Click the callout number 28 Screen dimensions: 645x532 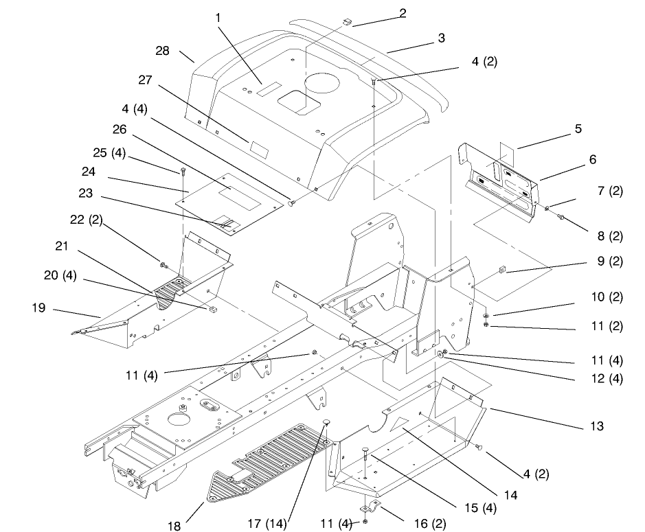coord(162,51)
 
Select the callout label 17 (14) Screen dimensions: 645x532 coord(267,523)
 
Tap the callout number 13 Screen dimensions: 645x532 coord(596,426)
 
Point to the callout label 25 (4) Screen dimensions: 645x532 coord(109,152)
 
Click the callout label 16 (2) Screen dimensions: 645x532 coord(430,523)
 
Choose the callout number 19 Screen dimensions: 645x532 coord(38,308)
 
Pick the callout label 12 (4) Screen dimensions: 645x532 coord(607,378)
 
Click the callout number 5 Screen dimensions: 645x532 coord(578,128)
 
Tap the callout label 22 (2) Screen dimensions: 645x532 coord(86,220)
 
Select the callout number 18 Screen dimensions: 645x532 coord(174,526)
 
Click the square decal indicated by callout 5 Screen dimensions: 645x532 coord(508,151)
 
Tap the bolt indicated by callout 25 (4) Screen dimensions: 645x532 coord(183,172)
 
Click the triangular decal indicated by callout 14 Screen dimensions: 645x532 coord(398,424)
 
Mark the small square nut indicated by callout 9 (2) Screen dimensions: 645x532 coord(502,270)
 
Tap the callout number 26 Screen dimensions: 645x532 coord(120,129)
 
